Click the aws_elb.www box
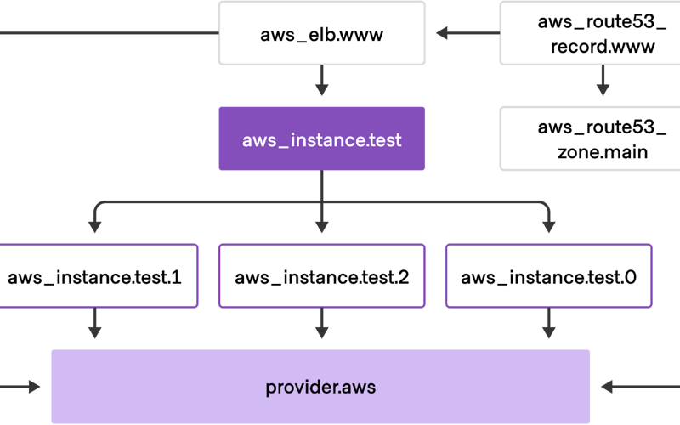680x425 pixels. pyautogui.click(x=321, y=34)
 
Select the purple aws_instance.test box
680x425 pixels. pyautogui.click(x=321, y=139)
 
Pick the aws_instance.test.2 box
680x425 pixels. pyautogui.click(x=321, y=276)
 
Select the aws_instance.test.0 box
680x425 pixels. pyautogui.click(x=548, y=276)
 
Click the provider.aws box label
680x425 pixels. pyautogui.click(x=320, y=388)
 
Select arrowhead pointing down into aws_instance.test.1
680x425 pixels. pyautogui.click(x=95, y=227)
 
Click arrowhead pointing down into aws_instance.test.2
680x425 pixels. pyautogui.click(x=321, y=227)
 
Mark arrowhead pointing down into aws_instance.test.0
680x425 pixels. pyautogui.click(x=548, y=227)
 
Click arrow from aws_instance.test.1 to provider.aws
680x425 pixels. pyautogui.click(x=95, y=323)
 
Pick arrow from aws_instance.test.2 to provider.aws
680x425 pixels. pyautogui.click(x=321, y=323)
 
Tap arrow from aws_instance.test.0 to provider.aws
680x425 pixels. pyautogui.click(x=548, y=323)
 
